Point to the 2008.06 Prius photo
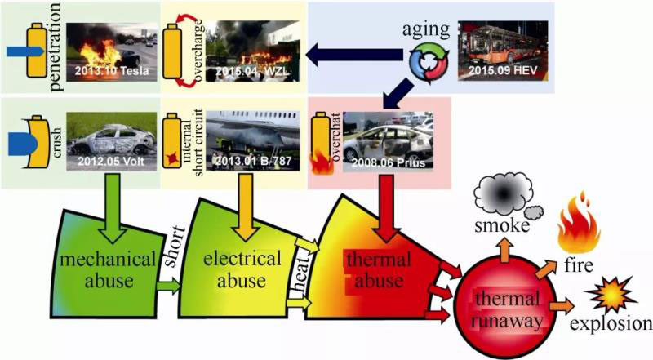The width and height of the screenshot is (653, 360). (385, 138)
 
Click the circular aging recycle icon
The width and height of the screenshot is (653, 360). (428, 65)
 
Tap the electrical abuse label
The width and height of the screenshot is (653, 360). (242, 270)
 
